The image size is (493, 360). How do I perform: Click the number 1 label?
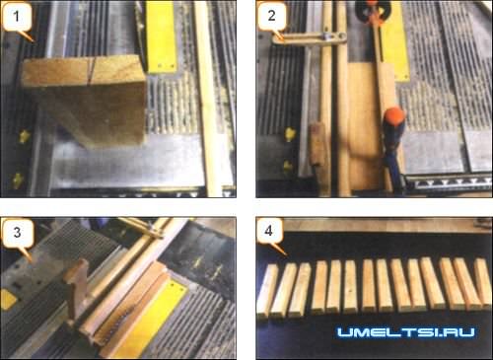point(17,16)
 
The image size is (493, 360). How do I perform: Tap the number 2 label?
point(271,16)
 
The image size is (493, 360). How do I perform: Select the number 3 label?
point(17,233)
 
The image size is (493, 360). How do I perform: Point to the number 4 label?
point(268,230)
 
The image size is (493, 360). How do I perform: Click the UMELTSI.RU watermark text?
point(406,332)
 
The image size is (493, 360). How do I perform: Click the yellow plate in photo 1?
point(161,36)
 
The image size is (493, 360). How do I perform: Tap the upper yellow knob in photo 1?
point(24,136)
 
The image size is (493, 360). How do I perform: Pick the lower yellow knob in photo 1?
point(17,180)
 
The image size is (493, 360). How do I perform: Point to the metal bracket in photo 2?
point(310,38)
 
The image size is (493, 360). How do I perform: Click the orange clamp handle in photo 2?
point(395,115)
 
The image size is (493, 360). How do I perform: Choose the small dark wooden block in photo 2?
point(317,144)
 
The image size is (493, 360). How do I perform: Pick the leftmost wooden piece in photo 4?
point(267,291)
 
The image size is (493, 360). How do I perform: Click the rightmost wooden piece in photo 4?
point(483,283)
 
